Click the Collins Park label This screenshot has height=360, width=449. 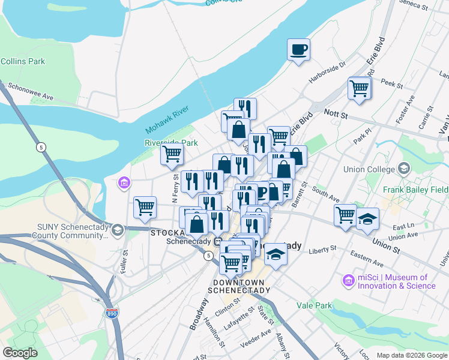coord(23,61)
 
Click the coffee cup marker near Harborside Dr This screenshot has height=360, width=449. coord(298,50)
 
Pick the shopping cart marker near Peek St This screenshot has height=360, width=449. coord(359,88)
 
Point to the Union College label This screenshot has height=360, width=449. coord(367,169)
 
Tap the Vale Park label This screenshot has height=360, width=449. coord(314,305)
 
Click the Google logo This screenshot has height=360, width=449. coord(20,353)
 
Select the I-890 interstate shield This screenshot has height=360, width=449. coord(111,313)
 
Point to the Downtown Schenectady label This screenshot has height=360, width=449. coord(240,286)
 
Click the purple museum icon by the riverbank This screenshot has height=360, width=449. coord(124,182)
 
